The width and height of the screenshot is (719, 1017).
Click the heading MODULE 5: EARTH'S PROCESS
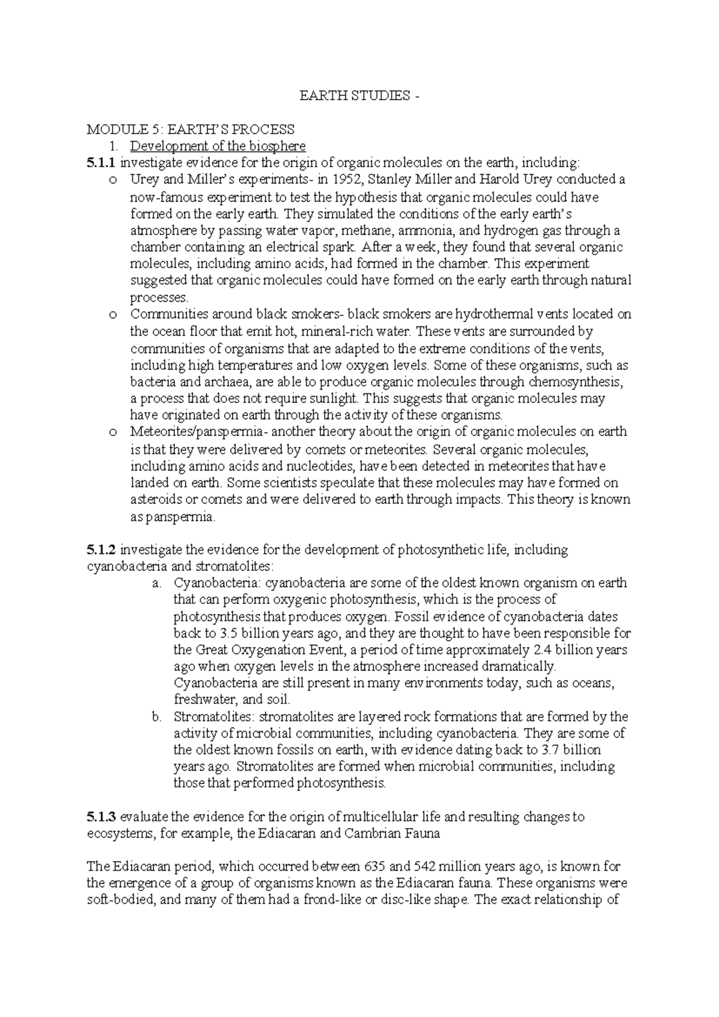coord(191,130)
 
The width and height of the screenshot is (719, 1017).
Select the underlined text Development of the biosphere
coord(218,146)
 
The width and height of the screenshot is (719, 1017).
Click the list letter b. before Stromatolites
coord(156,717)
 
